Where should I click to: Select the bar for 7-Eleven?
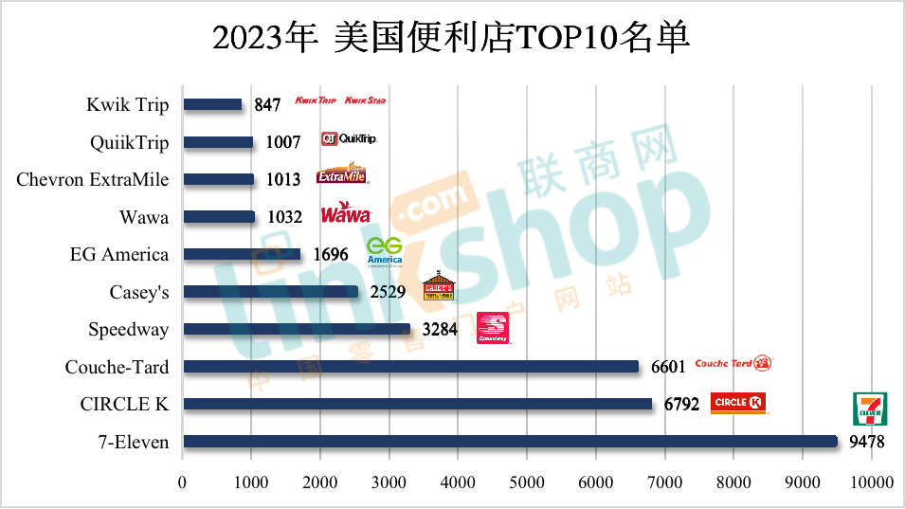[510, 441]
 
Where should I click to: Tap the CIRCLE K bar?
[417, 404]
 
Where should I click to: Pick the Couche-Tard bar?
[410, 367]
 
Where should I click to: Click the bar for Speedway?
[297, 329]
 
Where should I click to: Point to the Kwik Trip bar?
[212, 104]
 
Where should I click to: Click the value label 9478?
[866, 442]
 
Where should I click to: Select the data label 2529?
[388, 292]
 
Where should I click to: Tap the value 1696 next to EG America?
[330, 255]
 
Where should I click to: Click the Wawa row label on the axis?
[144, 217]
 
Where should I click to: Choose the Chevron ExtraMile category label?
[93, 179]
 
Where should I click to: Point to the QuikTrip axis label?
[130, 142]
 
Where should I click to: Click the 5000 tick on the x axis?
[527, 482]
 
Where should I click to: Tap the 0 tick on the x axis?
[183, 482]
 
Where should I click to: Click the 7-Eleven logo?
[870, 408]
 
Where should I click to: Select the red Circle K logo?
[738, 403]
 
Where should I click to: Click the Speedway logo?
[493, 327]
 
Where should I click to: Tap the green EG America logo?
[384, 251]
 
